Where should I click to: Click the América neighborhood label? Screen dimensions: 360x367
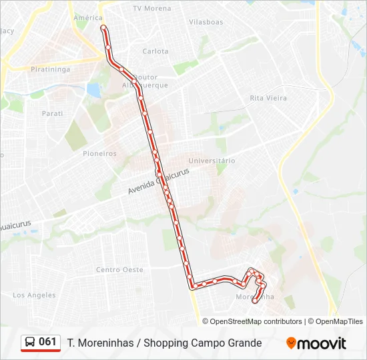tap(88, 18)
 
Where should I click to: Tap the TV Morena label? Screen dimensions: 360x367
tap(151, 9)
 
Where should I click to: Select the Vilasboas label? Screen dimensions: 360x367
tap(206, 22)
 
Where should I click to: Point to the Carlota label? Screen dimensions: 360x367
tap(155, 51)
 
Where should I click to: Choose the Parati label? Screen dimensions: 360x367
tap(52, 113)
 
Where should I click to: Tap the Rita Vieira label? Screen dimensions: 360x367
tap(268, 98)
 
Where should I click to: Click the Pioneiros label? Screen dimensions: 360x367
tap(99, 153)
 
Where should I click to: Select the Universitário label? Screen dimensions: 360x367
tap(212, 161)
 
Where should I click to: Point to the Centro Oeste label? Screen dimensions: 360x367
tap(119, 269)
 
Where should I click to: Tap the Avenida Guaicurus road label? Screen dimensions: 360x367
tap(159, 181)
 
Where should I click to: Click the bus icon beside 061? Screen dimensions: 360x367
tap(30, 343)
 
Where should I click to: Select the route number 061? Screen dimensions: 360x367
tap(48, 342)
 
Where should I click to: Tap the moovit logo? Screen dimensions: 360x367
tap(316, 343)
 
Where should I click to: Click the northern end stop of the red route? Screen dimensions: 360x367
tap(103, 27)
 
